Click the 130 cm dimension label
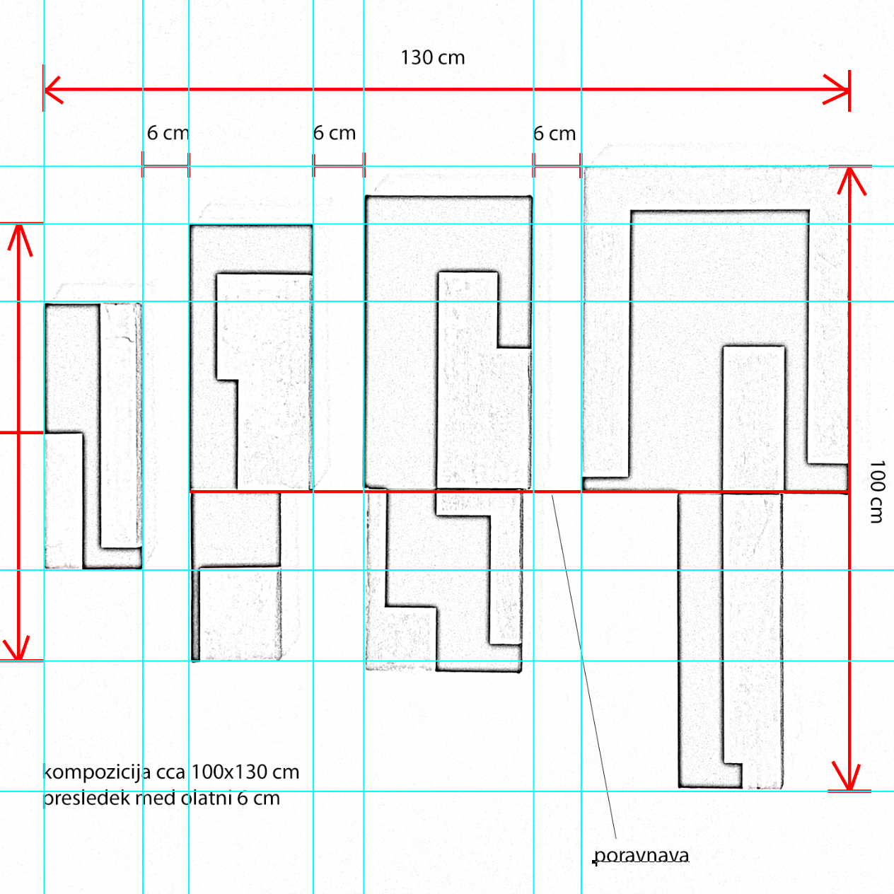(x=432, y=58)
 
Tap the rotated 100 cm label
(x=876, y=492)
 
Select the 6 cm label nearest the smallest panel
(x=168, y=133)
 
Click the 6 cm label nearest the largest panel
(x=555, y=134)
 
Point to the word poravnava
(x=641, y=855)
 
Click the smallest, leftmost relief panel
(x=93, y=436)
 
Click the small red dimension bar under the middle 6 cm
(x=338, y=167)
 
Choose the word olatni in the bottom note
(x=207, y=799)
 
